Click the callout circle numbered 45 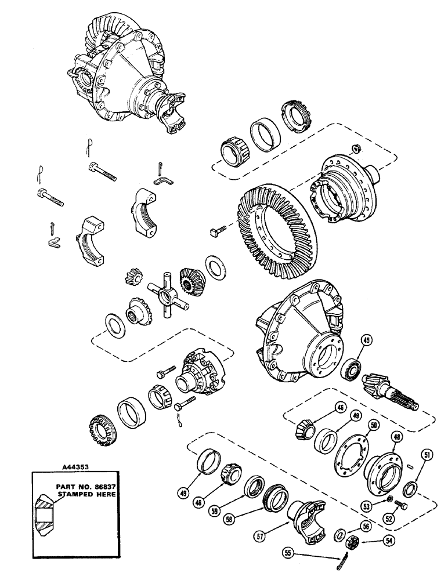[x=367, y=341]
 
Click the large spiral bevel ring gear [x=273, y=232]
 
